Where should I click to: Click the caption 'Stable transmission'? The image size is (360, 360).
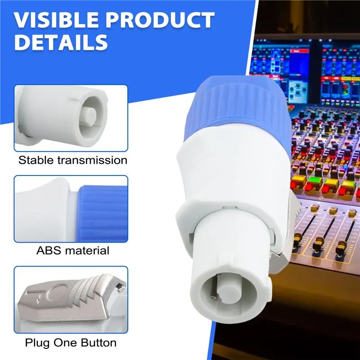point(73,160)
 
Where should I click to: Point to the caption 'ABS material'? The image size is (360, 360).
point(73,251)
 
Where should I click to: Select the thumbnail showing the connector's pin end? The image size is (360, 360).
point(71,118)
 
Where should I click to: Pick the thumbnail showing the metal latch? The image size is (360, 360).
point(71,299)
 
